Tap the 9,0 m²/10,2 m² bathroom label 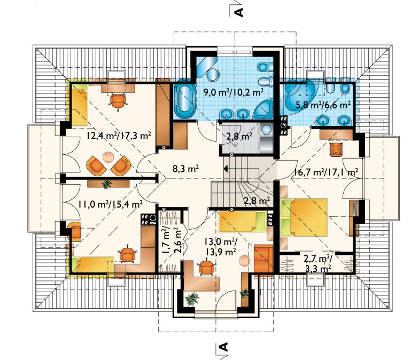[x=234, y=91]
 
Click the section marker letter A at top [x=239, y=11]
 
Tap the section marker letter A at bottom [x=224, y=348]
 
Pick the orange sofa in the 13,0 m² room [x=263, y=259]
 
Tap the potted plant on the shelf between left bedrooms [x=107, y=184]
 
